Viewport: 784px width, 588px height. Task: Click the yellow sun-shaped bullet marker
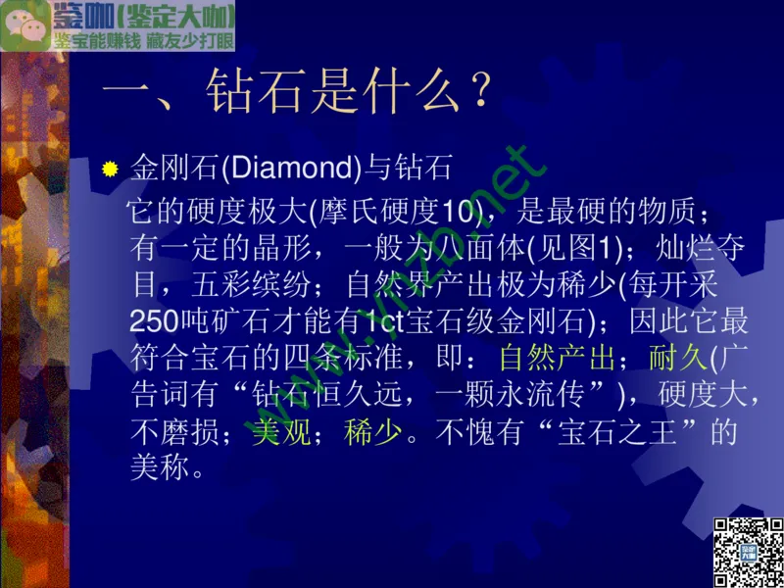click(111, 169)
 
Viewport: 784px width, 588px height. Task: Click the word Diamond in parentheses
click(289, 168)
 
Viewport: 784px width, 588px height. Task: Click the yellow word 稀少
click(372, 431)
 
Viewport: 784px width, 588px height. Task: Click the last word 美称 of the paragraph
click(157, 467)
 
